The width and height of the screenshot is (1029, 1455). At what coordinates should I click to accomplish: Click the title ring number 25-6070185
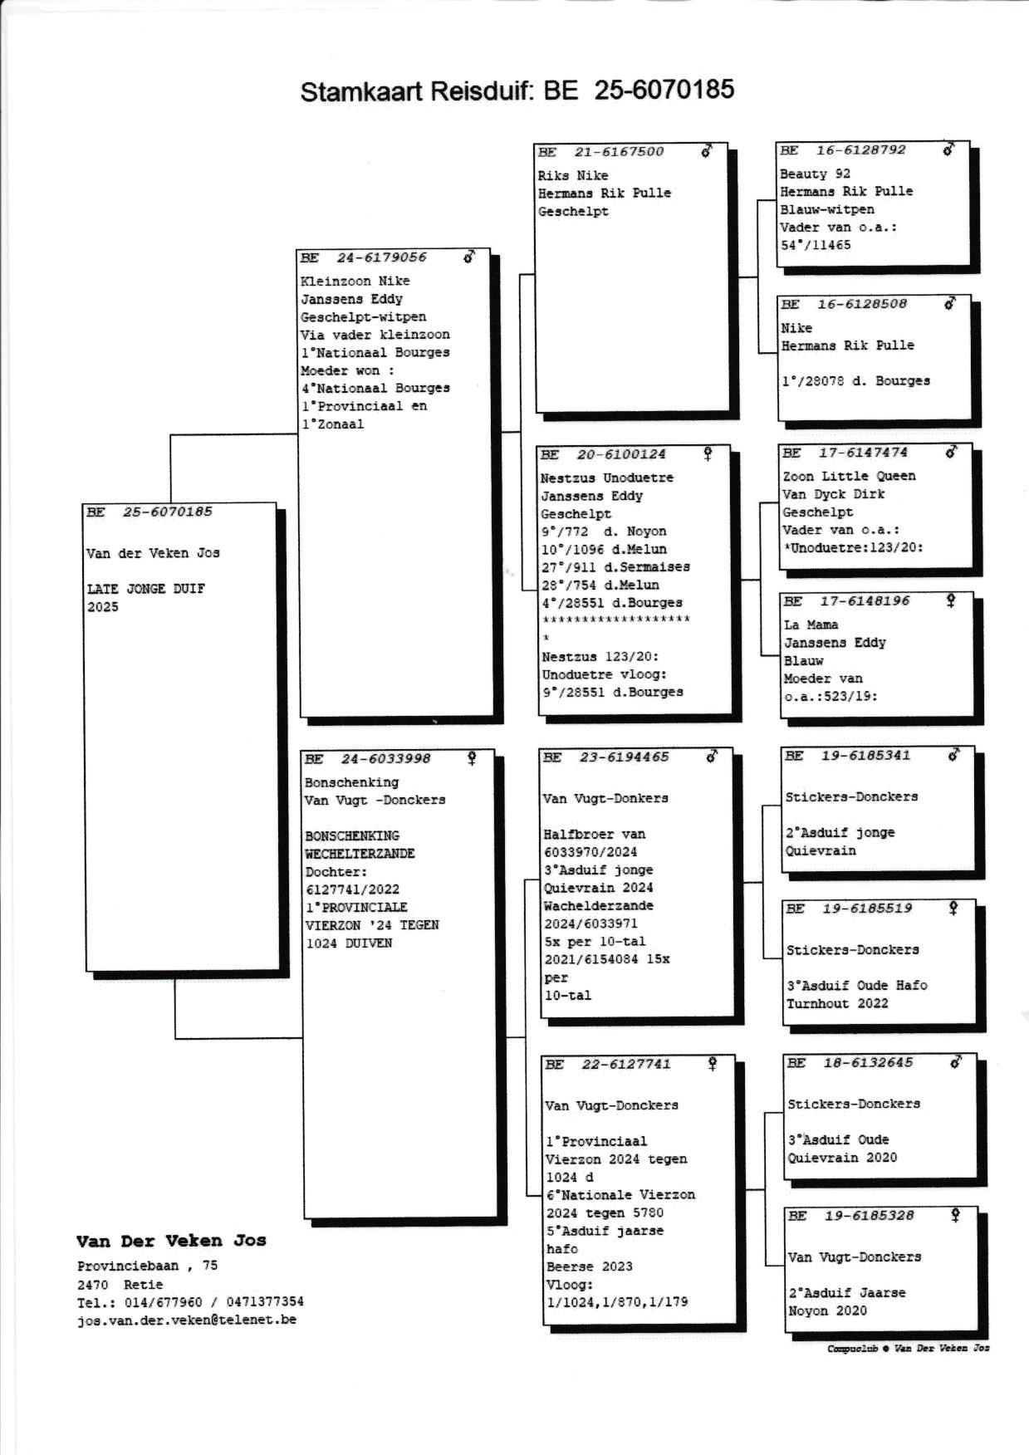[x=664, y=89]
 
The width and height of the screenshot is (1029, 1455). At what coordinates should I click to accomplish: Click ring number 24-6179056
[x=381, y=257]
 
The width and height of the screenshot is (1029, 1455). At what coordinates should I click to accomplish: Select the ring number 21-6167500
[x=619, y=151]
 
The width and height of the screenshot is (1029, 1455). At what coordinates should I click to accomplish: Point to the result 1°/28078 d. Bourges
[x=855, y=381]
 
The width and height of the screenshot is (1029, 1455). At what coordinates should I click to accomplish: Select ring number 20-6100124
[x=621, y=454]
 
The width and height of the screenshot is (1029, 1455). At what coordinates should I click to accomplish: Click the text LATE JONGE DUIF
[x=145, y=589]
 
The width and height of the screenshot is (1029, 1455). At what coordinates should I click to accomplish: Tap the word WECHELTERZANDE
[x=360, y=854]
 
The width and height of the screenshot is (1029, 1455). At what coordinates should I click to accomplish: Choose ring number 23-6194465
[x=624, y=757]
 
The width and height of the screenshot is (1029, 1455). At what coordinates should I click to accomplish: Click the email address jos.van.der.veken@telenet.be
[x=186, y=1320]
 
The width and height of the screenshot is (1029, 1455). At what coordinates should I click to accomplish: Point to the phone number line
[x=190, y=1302]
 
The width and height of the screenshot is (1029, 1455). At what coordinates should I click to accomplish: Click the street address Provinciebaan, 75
[x=148, y=1266]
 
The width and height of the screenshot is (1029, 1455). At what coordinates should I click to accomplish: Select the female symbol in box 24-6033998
[x=472, y=757]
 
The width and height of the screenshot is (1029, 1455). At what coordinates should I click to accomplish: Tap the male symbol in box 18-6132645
[x=956, y=1061]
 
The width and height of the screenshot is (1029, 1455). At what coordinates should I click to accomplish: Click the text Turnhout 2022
[x=837, y=1003]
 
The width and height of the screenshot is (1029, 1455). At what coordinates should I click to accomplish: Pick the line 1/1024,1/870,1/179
[x=617, y=1302]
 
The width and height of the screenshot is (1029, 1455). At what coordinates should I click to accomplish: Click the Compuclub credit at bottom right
[x=908, y=1349]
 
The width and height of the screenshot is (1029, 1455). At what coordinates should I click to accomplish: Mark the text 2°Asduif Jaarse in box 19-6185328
[x=847, y=1293]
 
